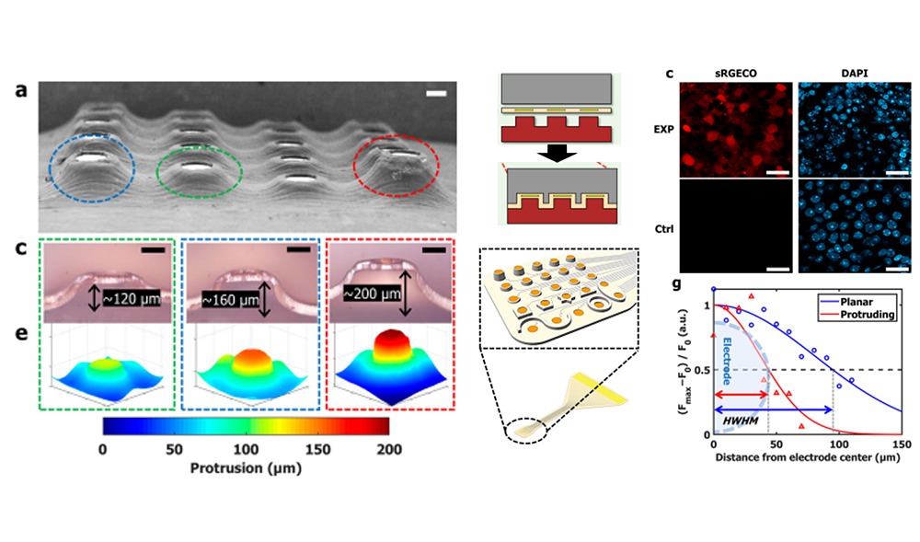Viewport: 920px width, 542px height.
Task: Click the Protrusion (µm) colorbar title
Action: click(x=246, y=467)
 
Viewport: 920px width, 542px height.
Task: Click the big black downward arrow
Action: click(x=557, y=151)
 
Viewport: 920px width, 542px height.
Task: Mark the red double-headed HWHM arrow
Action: click(x=741, y=394)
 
